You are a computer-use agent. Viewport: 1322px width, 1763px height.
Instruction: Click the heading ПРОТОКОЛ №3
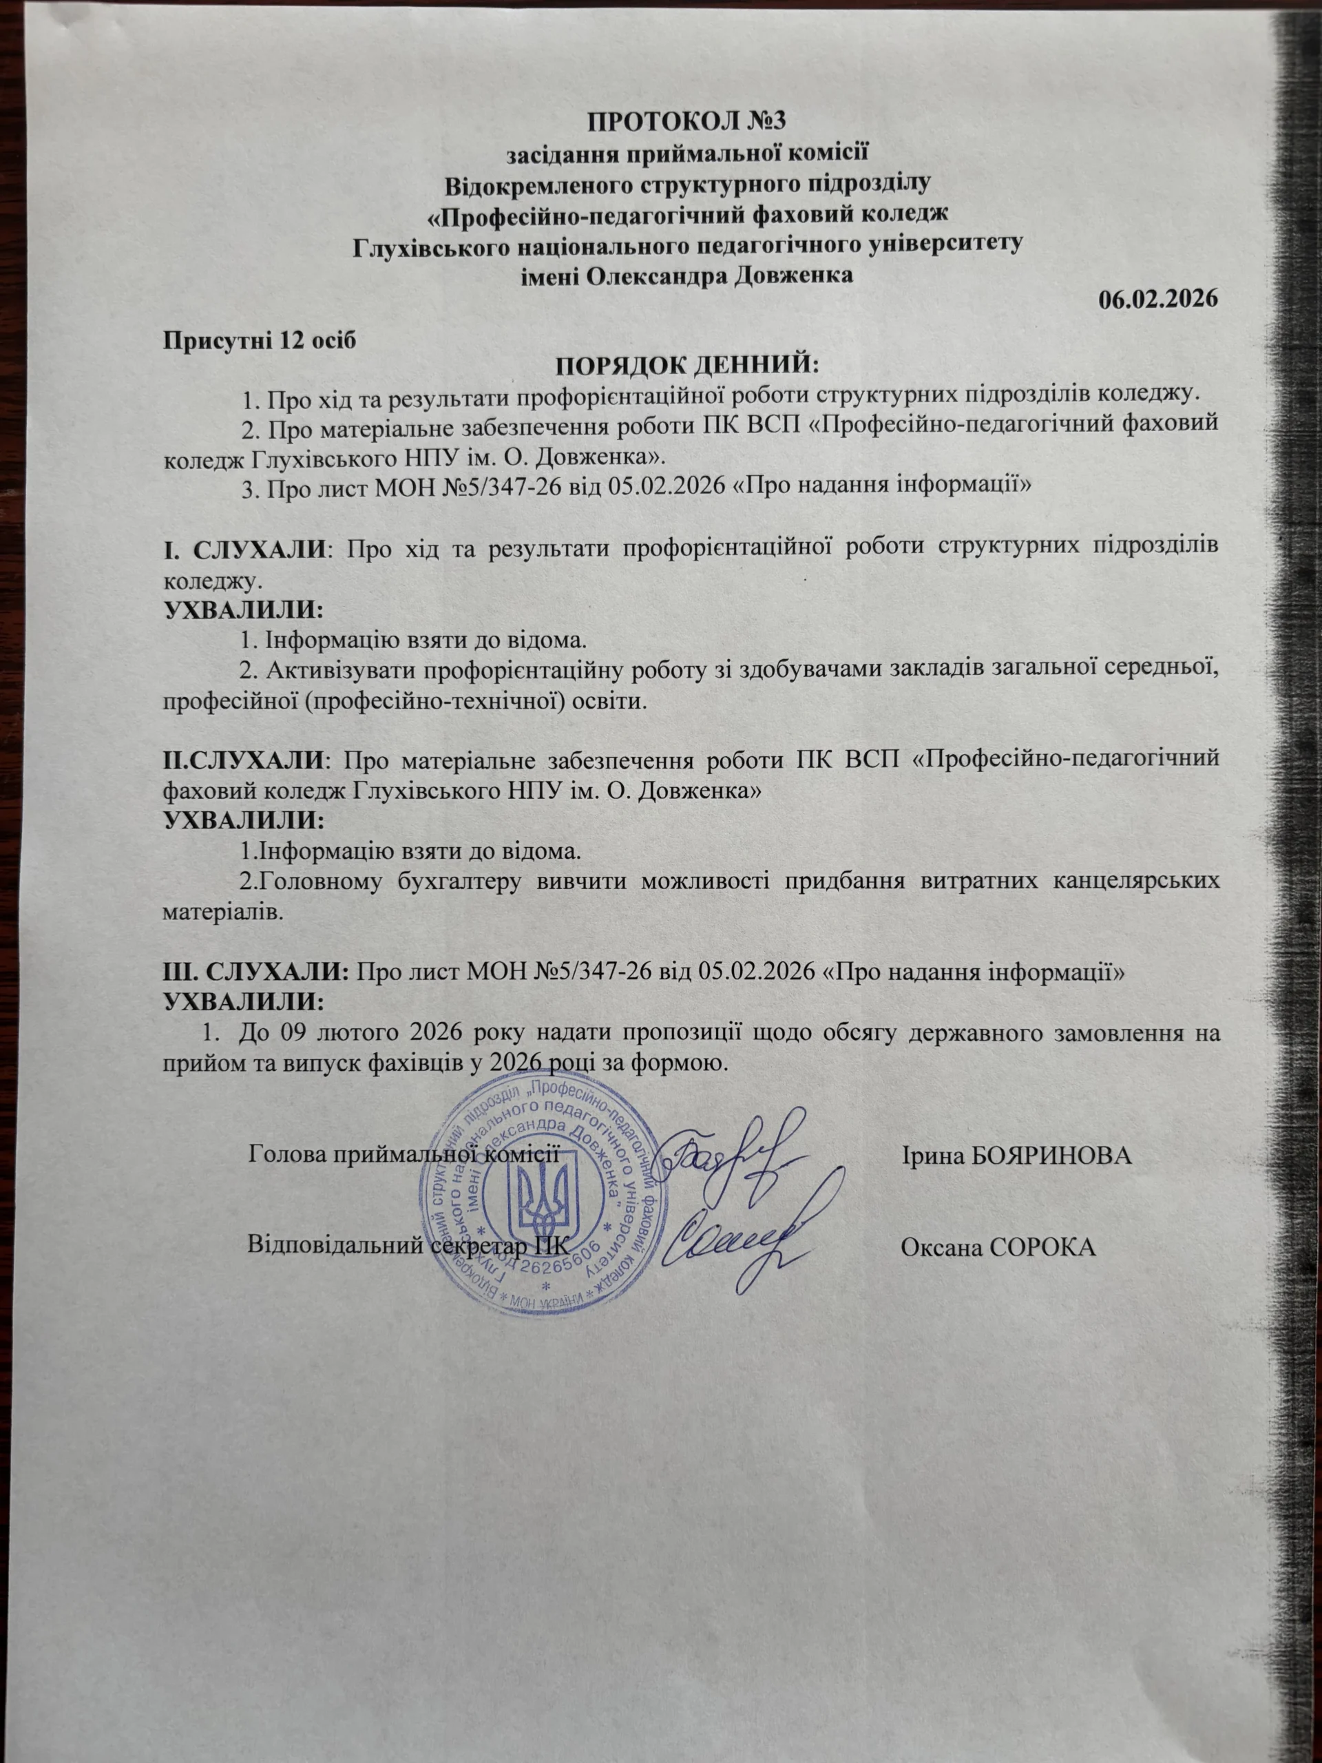[686, 122]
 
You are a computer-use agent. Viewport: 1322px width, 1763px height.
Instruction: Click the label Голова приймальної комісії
[402, 1154]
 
